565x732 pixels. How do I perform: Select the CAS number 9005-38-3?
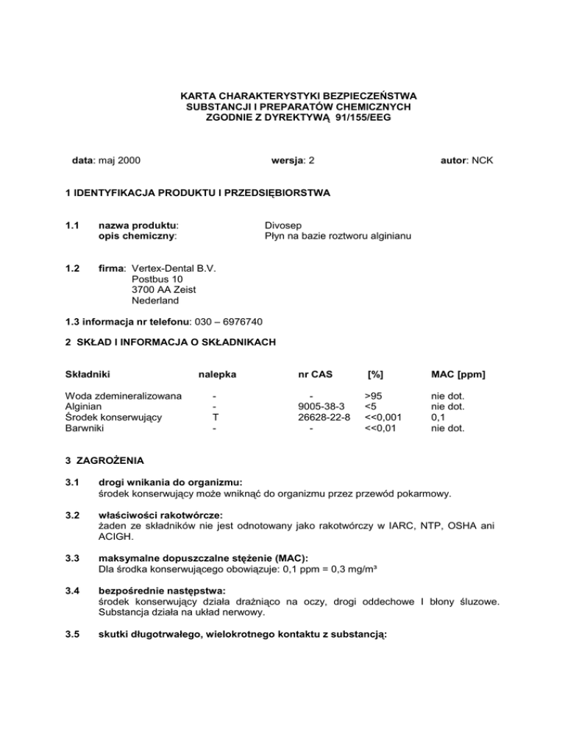[x=316, y=408]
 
